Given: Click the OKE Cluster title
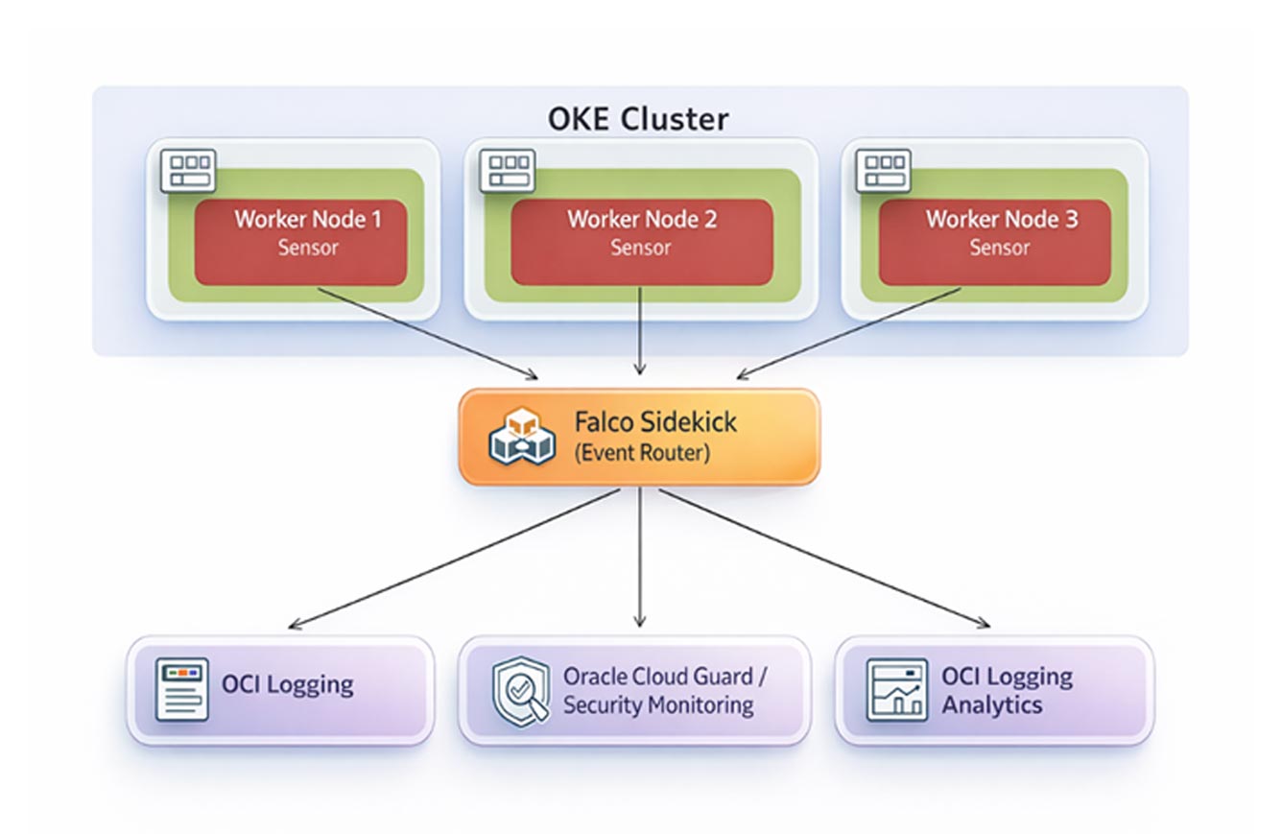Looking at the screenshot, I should pos(638,119).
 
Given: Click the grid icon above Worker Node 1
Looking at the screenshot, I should pos(187,171).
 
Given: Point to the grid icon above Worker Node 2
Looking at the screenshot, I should pos(506,171).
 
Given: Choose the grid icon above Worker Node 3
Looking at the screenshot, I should pos(882,171).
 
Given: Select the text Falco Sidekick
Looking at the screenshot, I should pos(655,421).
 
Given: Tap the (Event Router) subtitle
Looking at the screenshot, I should pos(642,453).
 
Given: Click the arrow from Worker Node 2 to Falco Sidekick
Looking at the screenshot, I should pos(640,331).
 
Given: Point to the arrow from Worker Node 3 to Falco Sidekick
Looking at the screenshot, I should pos(849,332).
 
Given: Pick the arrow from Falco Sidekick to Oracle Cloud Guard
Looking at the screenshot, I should pos(640,557).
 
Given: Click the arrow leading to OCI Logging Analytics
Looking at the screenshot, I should pos(823,558).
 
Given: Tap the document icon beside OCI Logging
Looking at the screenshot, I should pos(181,689).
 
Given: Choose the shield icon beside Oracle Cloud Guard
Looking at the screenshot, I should pos(520,689).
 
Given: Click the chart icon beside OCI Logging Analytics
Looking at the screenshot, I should pos(896,689).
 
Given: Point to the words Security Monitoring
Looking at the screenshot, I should pos(657,705).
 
